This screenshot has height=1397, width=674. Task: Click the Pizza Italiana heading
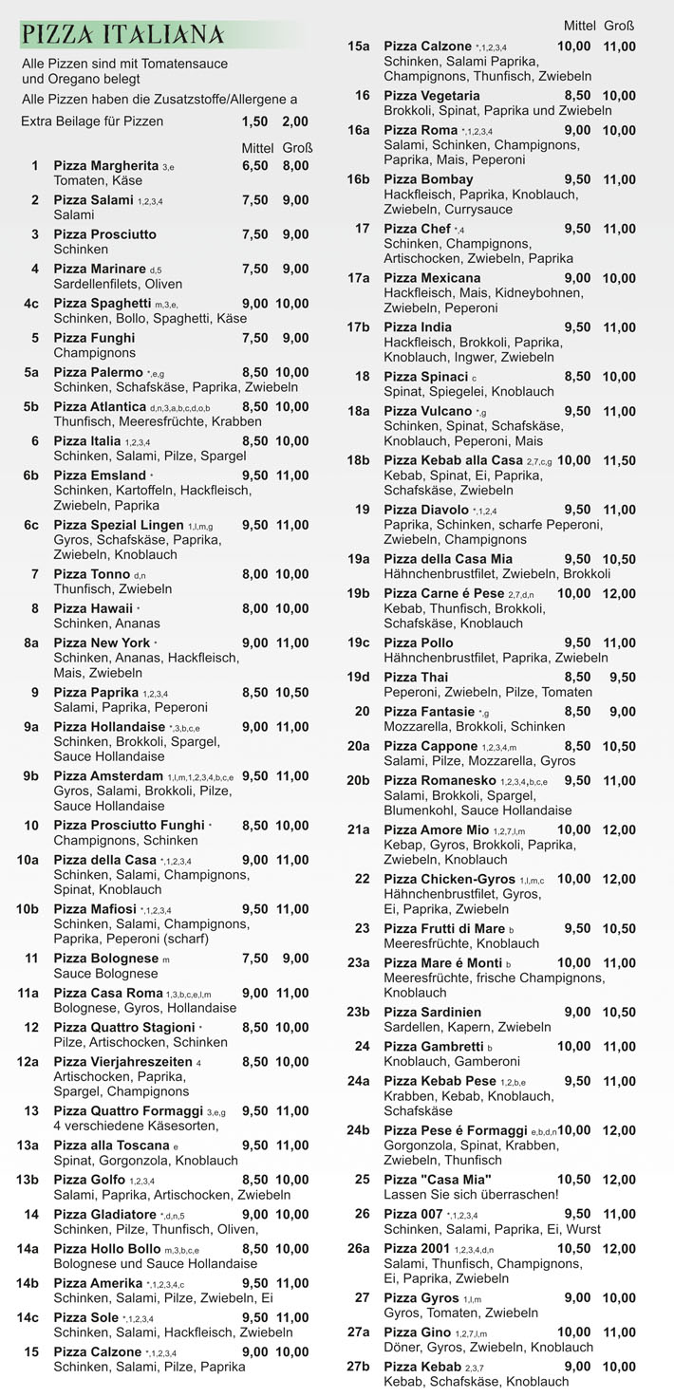coord(123,35)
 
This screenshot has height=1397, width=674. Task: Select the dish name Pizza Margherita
coord(105,166)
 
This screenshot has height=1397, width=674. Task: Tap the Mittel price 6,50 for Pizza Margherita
coord(254,166)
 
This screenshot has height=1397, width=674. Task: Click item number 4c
coord(31,304)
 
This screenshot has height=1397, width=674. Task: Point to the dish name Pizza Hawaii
coord(93,608)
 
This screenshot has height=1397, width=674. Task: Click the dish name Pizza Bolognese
coord(105,959)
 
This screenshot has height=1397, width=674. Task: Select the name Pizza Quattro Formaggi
coord(128,1111)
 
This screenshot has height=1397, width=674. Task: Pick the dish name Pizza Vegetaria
coord(432,96)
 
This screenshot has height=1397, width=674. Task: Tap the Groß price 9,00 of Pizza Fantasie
coord(623,712)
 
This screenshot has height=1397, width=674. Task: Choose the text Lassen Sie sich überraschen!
coord(471,1195)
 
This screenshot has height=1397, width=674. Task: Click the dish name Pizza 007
coord(413,1214)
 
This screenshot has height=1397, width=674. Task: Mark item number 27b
coord(358,1367)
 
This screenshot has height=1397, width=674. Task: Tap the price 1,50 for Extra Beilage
coord(254,121)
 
